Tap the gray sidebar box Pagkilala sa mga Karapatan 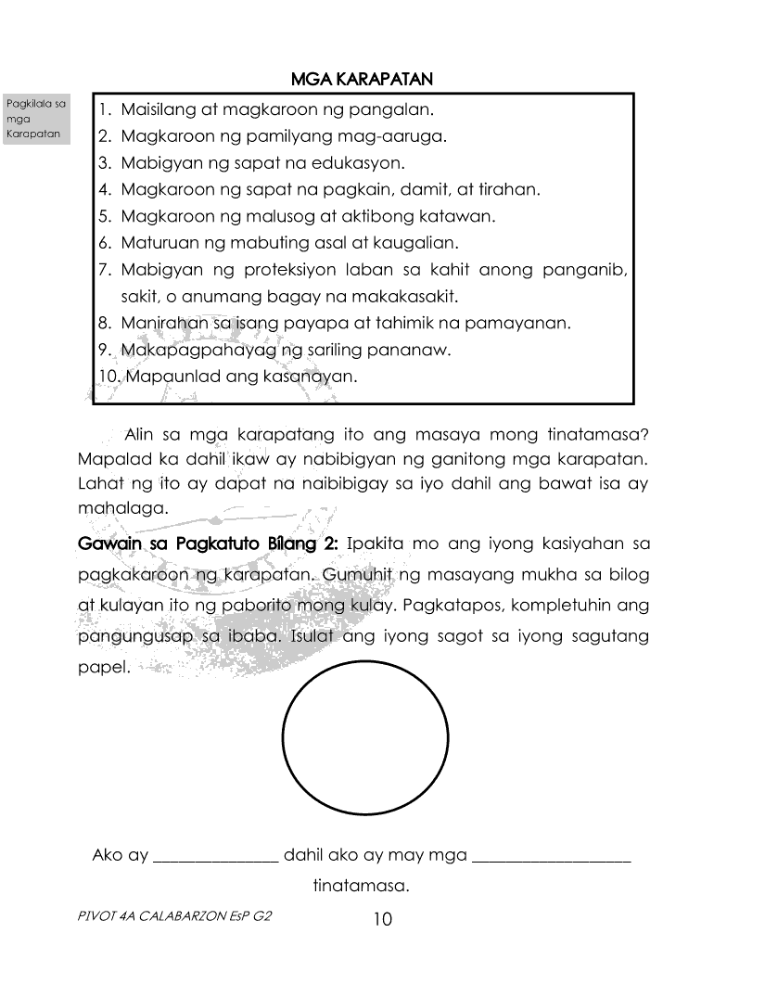[x=38, y=119]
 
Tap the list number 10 [x=108, y=377]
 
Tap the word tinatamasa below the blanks [x=361, y=887]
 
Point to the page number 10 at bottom [x=382, y=919]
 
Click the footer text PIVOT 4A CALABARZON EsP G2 [x=178, y=914]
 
